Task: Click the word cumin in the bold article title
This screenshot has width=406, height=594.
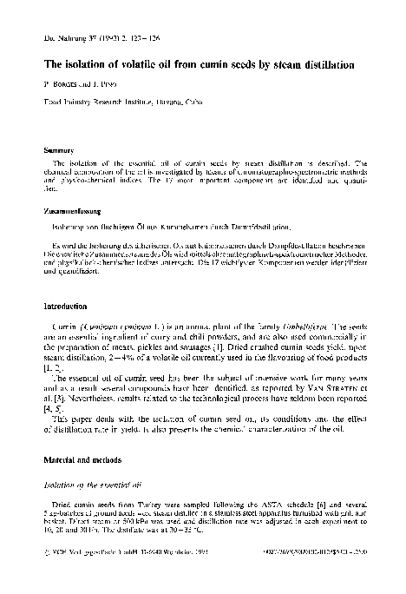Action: [x=216, y=65]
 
